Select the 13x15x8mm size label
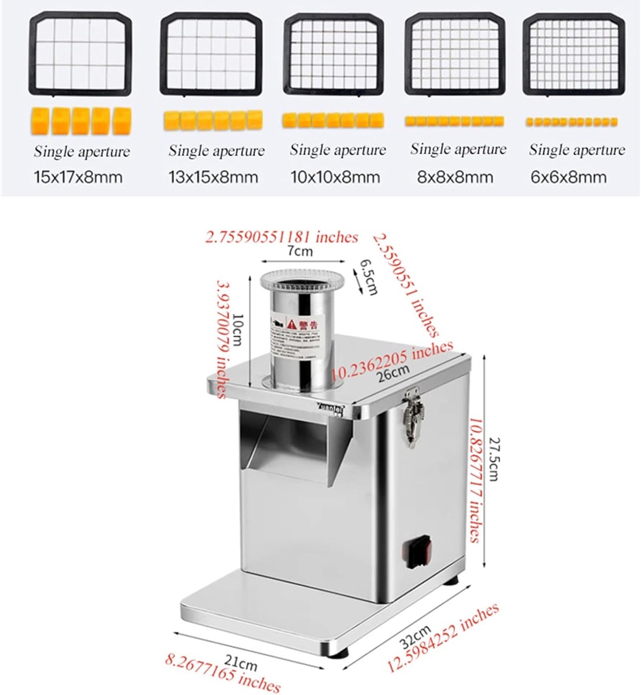[214, 179]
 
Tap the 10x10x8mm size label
[335, 178]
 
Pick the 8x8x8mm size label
[455, 178]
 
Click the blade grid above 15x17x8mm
[80, 54]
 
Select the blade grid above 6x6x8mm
[574, 54]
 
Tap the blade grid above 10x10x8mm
[334, 54]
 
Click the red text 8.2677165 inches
[223, 673]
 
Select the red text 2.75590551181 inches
[281, 237]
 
